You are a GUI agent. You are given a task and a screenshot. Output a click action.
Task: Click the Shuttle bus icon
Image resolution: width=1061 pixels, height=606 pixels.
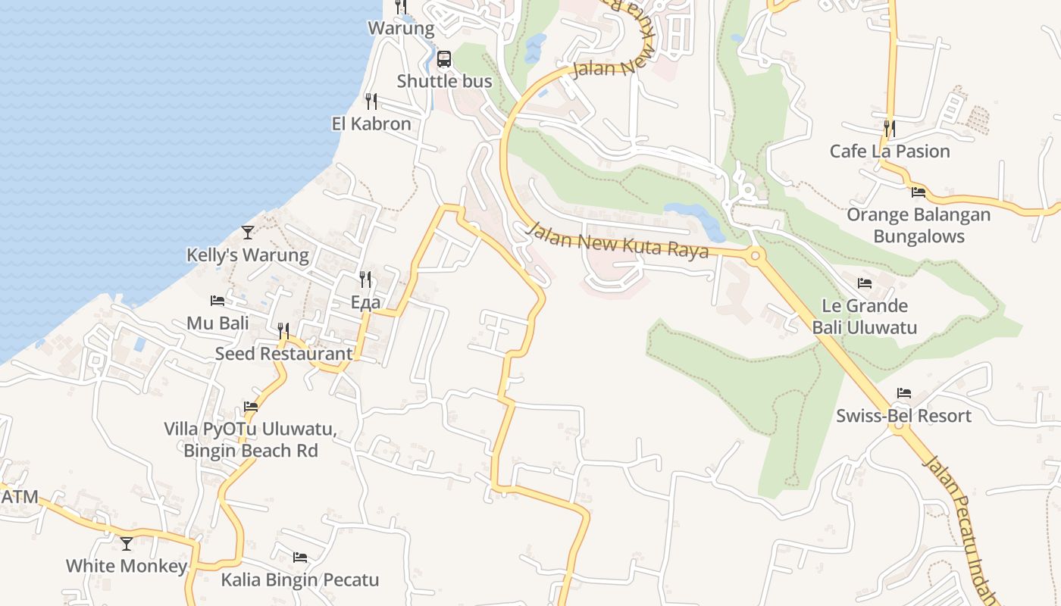444,59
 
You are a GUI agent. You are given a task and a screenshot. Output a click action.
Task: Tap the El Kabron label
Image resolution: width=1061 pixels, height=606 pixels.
371,123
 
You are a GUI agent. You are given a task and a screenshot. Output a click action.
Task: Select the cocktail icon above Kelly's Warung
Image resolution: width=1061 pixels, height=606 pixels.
248,233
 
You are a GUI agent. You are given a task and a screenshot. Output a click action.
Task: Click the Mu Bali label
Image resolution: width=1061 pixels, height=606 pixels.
218,323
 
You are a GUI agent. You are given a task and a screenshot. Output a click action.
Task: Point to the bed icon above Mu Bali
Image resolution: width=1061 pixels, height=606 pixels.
218,301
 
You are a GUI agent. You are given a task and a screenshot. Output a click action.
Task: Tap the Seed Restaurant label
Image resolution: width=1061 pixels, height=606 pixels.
283,353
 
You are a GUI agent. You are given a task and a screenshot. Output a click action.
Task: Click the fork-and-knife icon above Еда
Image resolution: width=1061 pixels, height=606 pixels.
365,280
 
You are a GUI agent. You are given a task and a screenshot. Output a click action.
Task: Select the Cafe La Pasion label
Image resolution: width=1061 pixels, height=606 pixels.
890,151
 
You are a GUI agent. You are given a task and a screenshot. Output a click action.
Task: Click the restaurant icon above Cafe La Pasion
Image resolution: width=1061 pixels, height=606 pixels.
889,128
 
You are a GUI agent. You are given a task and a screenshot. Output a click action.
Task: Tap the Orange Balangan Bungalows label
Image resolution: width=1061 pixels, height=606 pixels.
919,225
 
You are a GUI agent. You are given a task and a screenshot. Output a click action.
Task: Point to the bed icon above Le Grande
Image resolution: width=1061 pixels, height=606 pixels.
865,283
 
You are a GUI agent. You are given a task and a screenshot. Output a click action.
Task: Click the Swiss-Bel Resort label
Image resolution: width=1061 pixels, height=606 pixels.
903,416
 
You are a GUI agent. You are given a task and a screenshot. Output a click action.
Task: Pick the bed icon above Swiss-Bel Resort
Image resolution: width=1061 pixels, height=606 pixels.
904,393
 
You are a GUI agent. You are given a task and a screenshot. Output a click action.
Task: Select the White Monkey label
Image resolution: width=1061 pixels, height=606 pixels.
126,566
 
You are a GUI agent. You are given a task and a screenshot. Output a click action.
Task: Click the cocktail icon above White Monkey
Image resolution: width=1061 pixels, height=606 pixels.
127,544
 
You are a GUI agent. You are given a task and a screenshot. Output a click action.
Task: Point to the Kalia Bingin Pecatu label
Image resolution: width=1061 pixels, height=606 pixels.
299,580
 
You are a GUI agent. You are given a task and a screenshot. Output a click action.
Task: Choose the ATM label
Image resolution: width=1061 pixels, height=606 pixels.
19,497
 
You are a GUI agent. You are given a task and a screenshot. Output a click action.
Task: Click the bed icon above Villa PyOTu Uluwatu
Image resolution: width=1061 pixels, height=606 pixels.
251,407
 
